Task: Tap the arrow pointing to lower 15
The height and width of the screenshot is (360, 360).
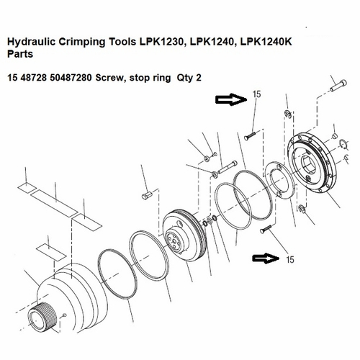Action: (x=265, y=258)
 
